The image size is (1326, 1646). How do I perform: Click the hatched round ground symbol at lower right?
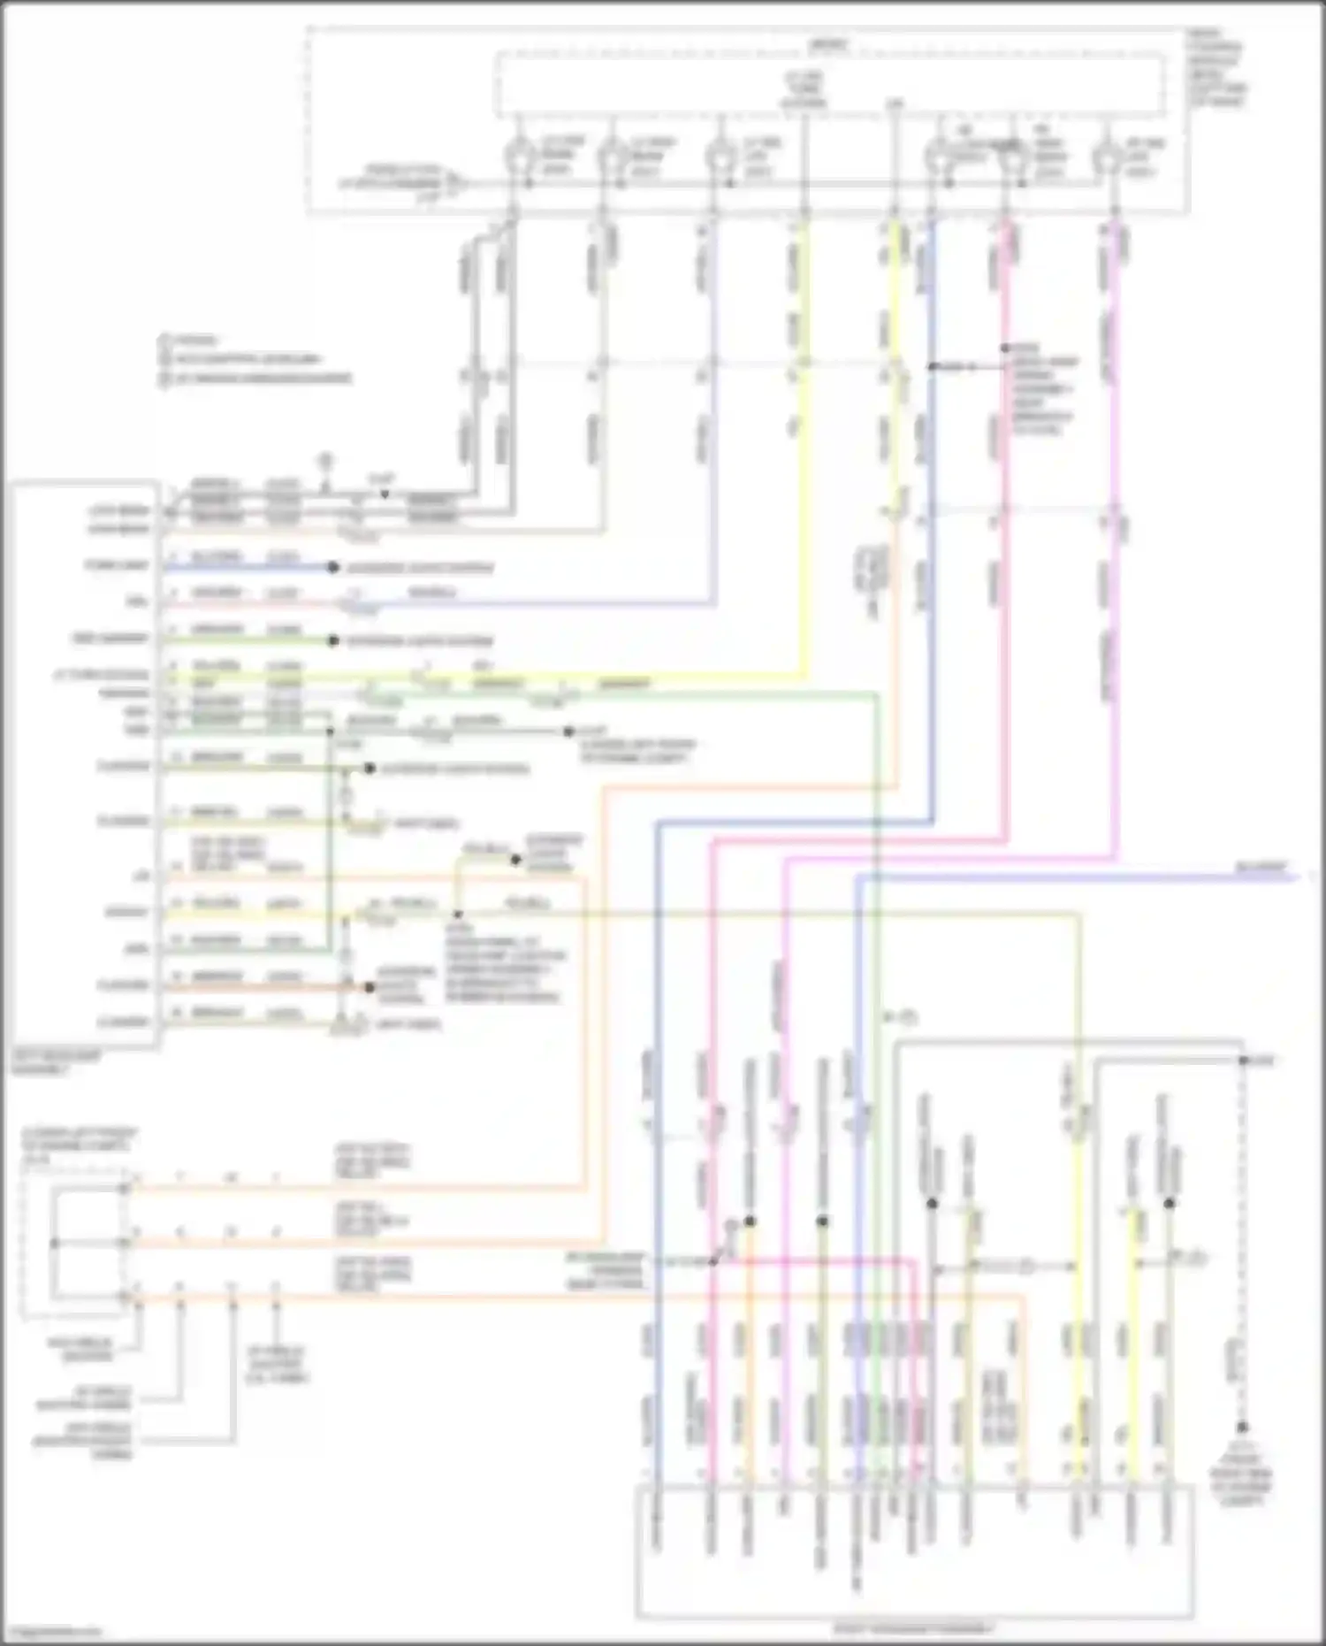(1241, 1428)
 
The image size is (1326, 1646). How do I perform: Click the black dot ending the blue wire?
(333, 567)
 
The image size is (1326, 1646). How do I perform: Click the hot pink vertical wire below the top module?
(1004, 531)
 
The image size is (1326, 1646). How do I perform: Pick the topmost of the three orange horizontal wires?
(354, 1188)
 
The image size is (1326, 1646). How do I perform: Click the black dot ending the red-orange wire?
(369, 987)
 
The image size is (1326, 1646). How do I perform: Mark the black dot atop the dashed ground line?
(1242, 1060)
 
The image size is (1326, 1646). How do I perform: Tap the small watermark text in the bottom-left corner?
(51, 1632)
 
